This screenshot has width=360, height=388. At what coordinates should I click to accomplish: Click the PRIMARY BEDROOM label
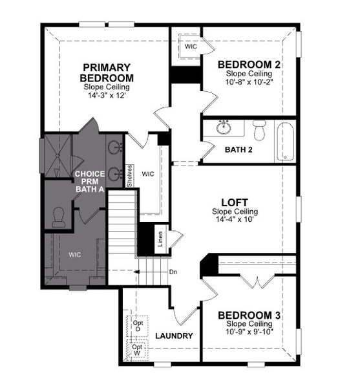107,72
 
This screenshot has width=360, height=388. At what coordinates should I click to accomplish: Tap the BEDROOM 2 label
249,65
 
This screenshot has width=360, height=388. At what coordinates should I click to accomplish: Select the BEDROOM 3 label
249,316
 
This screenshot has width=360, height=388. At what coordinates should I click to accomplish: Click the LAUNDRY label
174,336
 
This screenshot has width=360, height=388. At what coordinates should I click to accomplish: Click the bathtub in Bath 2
285,141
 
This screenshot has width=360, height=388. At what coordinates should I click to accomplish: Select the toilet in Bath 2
260,129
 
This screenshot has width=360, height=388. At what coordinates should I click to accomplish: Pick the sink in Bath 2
224,126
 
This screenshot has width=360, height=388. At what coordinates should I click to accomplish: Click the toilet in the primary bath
58,217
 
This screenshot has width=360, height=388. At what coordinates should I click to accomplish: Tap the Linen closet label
160,239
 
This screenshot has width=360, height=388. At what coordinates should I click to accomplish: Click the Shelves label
130,175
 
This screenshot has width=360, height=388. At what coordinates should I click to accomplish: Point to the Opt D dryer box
138,325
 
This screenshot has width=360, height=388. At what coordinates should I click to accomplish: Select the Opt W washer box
138,350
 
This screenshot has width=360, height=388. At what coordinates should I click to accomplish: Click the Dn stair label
173,272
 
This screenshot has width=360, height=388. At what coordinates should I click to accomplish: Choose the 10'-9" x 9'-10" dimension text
249,332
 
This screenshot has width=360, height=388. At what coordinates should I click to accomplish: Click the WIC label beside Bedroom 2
191,47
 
